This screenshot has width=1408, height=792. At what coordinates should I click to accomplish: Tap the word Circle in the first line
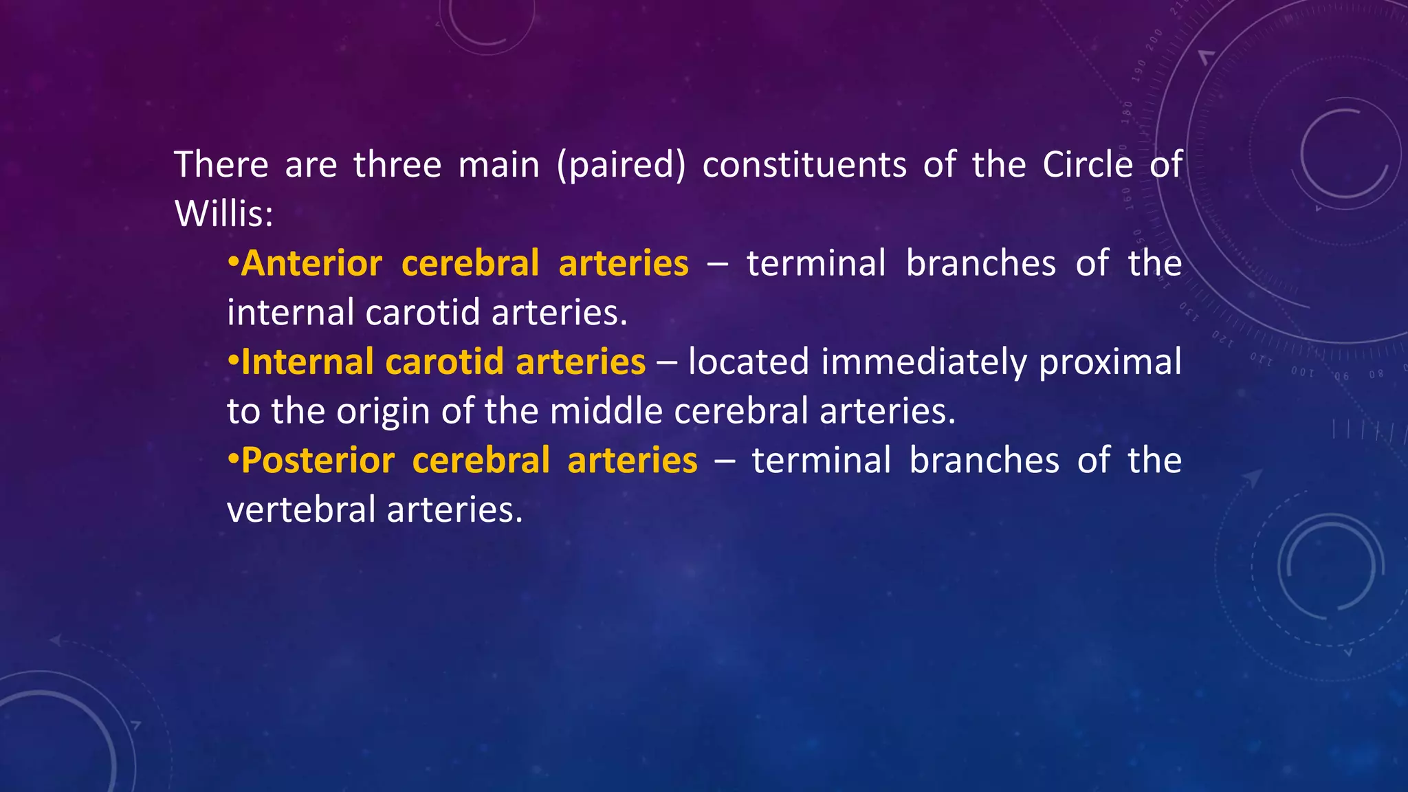[x=1087, y=165]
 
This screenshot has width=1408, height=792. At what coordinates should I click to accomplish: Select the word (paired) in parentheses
[x=621, y=165]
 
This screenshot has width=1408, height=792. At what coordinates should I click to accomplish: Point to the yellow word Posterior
[x=318, y=461]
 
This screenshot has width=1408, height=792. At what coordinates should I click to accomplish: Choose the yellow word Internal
[x=307, y=362]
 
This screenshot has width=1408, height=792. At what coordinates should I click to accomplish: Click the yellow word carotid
[x=444, y=362]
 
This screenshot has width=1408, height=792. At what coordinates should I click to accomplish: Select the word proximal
[x=1110, y=362]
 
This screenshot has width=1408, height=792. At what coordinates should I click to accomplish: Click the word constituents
[x=804, y=165]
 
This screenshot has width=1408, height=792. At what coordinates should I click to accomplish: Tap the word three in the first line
[x=397, y=165]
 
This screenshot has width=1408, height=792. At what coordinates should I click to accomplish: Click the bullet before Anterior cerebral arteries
[x=233, y=264]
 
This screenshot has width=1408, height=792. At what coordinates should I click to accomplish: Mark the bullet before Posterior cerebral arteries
[x=233, y=461]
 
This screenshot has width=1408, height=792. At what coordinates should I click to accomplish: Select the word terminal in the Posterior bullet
[x=822, y=461]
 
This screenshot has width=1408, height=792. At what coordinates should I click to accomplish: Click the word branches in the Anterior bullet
[x=980, y=264]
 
